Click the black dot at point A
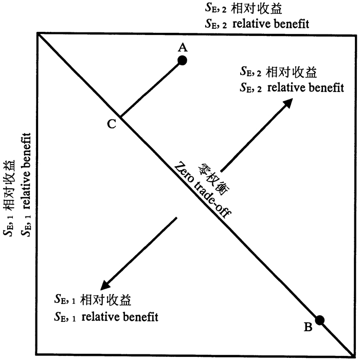tap(182, 60)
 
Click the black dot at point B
tap(320, 320)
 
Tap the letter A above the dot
tap(182, 48)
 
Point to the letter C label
tap(111, 123)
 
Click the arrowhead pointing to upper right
tap(287, 102)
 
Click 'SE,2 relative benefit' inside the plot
tap(291, 87)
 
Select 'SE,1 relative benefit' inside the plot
tap(105, 315)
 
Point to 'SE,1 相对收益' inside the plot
tap(86, 299)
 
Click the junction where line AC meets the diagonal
tap(120, 117)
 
